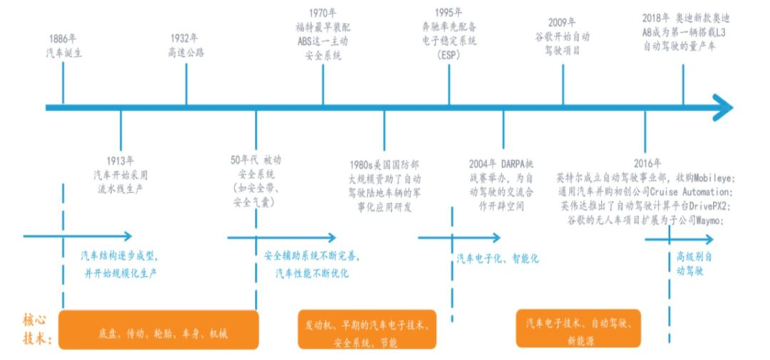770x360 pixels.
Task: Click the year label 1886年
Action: coord(64,38)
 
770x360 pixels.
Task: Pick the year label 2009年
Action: coord(563,23)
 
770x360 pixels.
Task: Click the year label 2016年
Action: coord(647,163)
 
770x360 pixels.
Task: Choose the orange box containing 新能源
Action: coord(577,329)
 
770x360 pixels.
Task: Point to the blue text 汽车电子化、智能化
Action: coord(498,259)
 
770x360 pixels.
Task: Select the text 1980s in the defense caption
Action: coord(364,165)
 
